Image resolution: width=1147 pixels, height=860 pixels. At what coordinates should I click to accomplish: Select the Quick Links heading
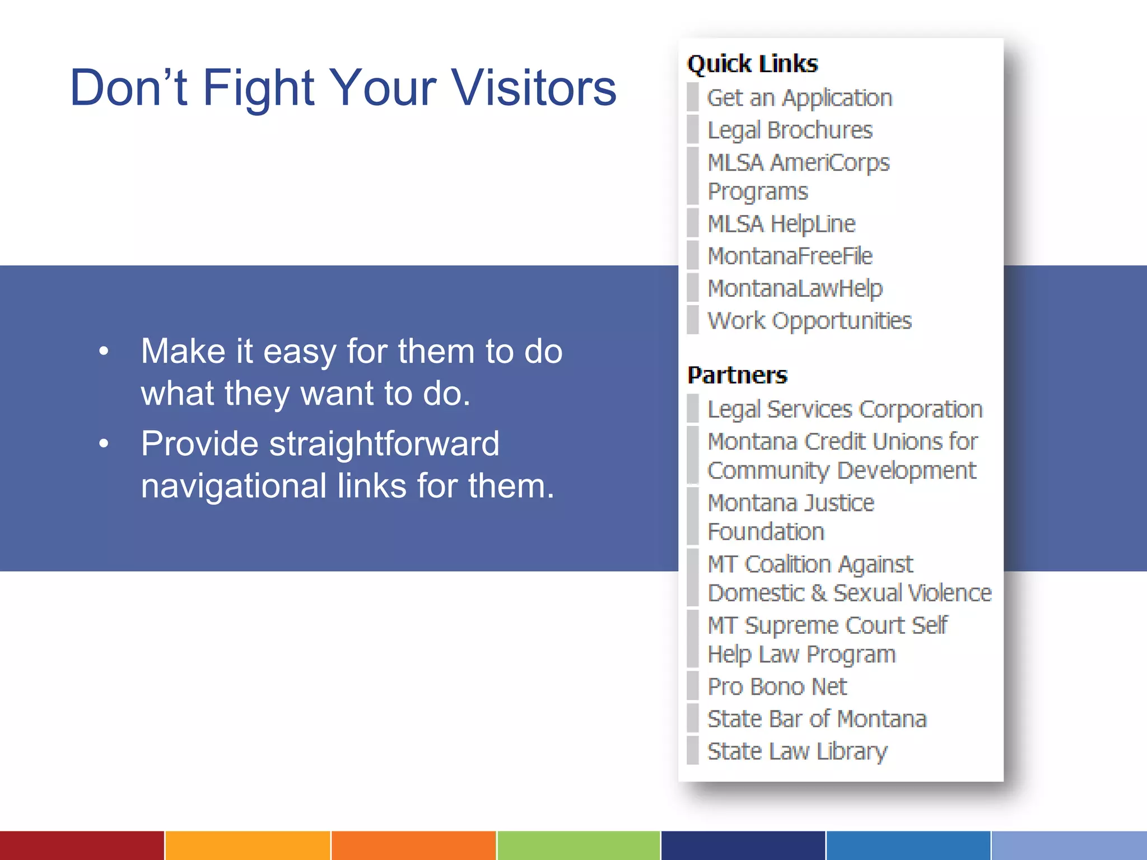pyautogui.click(x=752, y=64)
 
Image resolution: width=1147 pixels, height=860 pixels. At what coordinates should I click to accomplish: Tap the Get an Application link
pyautogui.click(x=799, y=98)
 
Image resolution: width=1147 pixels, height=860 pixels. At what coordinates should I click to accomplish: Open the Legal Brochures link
pyautogui.click(x=790, y=130)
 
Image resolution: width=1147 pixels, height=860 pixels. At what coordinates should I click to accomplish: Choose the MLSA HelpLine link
pyautogui.click(x=781, y=224)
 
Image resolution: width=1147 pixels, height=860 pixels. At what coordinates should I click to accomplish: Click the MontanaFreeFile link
pyautogui.click(x=790, y=256)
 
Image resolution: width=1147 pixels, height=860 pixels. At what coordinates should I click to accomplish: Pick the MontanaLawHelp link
pyautogui.click(x=795, y=289)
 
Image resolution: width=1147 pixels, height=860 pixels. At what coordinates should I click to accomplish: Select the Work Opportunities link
pyautogui.click(x=809, y=321)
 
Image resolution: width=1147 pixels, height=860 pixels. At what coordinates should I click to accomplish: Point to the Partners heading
pyautogui.click(x=737, y=375)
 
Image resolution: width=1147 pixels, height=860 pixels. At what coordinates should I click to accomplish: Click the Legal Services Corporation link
pyautogui.click(x=845, y=409)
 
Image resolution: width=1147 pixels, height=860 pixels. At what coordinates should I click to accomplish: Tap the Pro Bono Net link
pyautogui.click(x=777, y=686)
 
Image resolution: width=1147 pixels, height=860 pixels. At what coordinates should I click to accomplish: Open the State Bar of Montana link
pyautogui.click(x=817, y=719)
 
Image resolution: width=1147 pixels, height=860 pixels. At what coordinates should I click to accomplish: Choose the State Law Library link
pyautogui.click(x=797, y=751)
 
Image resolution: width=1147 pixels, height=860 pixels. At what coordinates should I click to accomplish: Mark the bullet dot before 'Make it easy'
pyautogui.click(x=104, y=352)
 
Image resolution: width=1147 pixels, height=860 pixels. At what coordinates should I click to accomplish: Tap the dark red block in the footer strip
pyautogui.click(x=82, y=845)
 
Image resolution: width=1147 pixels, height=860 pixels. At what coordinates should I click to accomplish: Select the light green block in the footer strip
pyautogui.click(x=578, y=845)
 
